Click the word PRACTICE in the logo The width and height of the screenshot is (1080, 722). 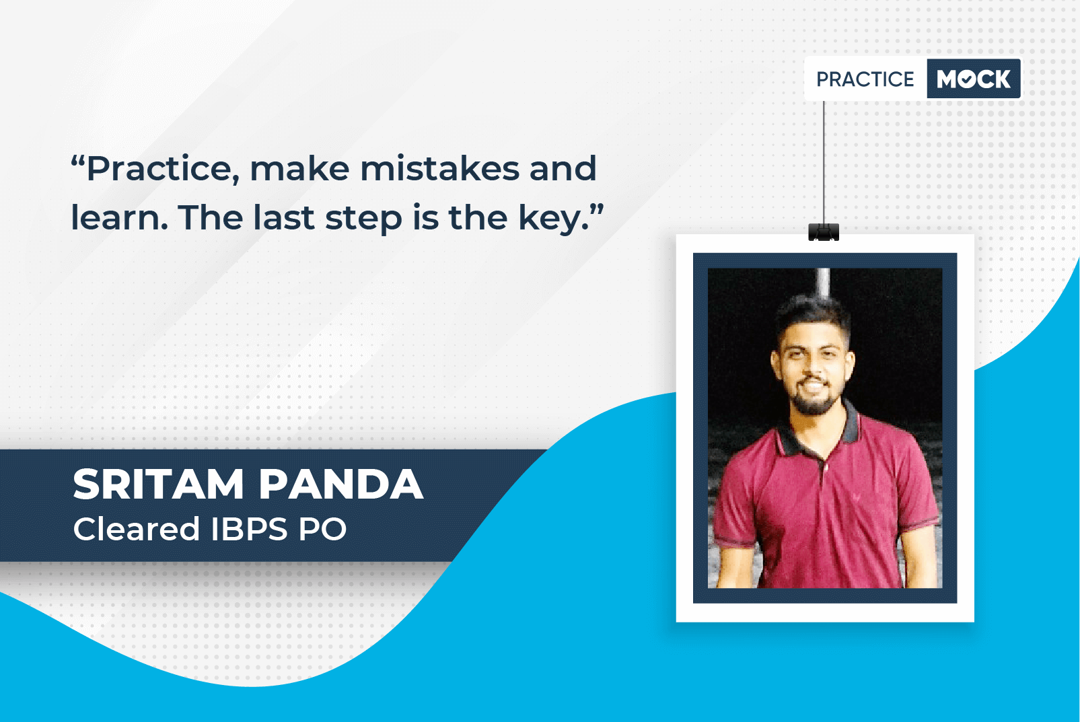[865, 79]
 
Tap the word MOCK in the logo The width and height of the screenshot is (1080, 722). [974, 79]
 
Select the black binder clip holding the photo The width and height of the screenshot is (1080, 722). [824, 232]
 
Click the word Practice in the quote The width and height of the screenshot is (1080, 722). [164, 170]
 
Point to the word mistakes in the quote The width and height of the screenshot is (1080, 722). [440, 168]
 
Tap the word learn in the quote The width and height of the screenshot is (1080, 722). [119, 217]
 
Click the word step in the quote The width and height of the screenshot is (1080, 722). [363, 220]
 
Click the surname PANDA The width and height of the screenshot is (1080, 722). [341, 484]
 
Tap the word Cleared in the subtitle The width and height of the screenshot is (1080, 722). [137, 529]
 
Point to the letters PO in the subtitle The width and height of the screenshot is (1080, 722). [322, 529]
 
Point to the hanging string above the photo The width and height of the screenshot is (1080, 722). [824, 162]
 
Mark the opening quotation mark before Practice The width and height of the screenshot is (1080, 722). [77, 160]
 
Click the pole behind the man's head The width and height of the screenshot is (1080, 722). [824, 283]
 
